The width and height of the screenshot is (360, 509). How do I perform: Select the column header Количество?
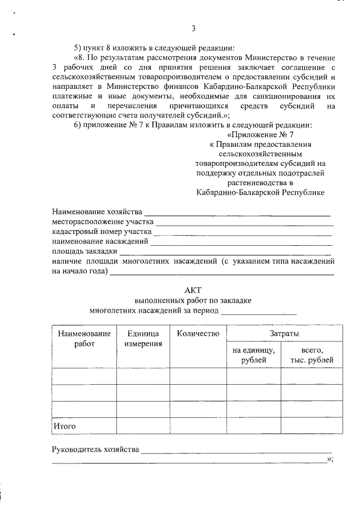tap(197, 334)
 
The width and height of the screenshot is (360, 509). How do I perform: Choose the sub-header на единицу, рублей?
tap(253, 355)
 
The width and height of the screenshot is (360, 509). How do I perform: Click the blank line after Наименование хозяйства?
tap(237, 214)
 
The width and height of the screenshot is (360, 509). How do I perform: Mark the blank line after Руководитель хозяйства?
tap(236, 451)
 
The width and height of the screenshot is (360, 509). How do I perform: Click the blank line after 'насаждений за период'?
tap(259, 312)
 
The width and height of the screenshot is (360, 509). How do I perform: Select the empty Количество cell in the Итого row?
tap(197, 426)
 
